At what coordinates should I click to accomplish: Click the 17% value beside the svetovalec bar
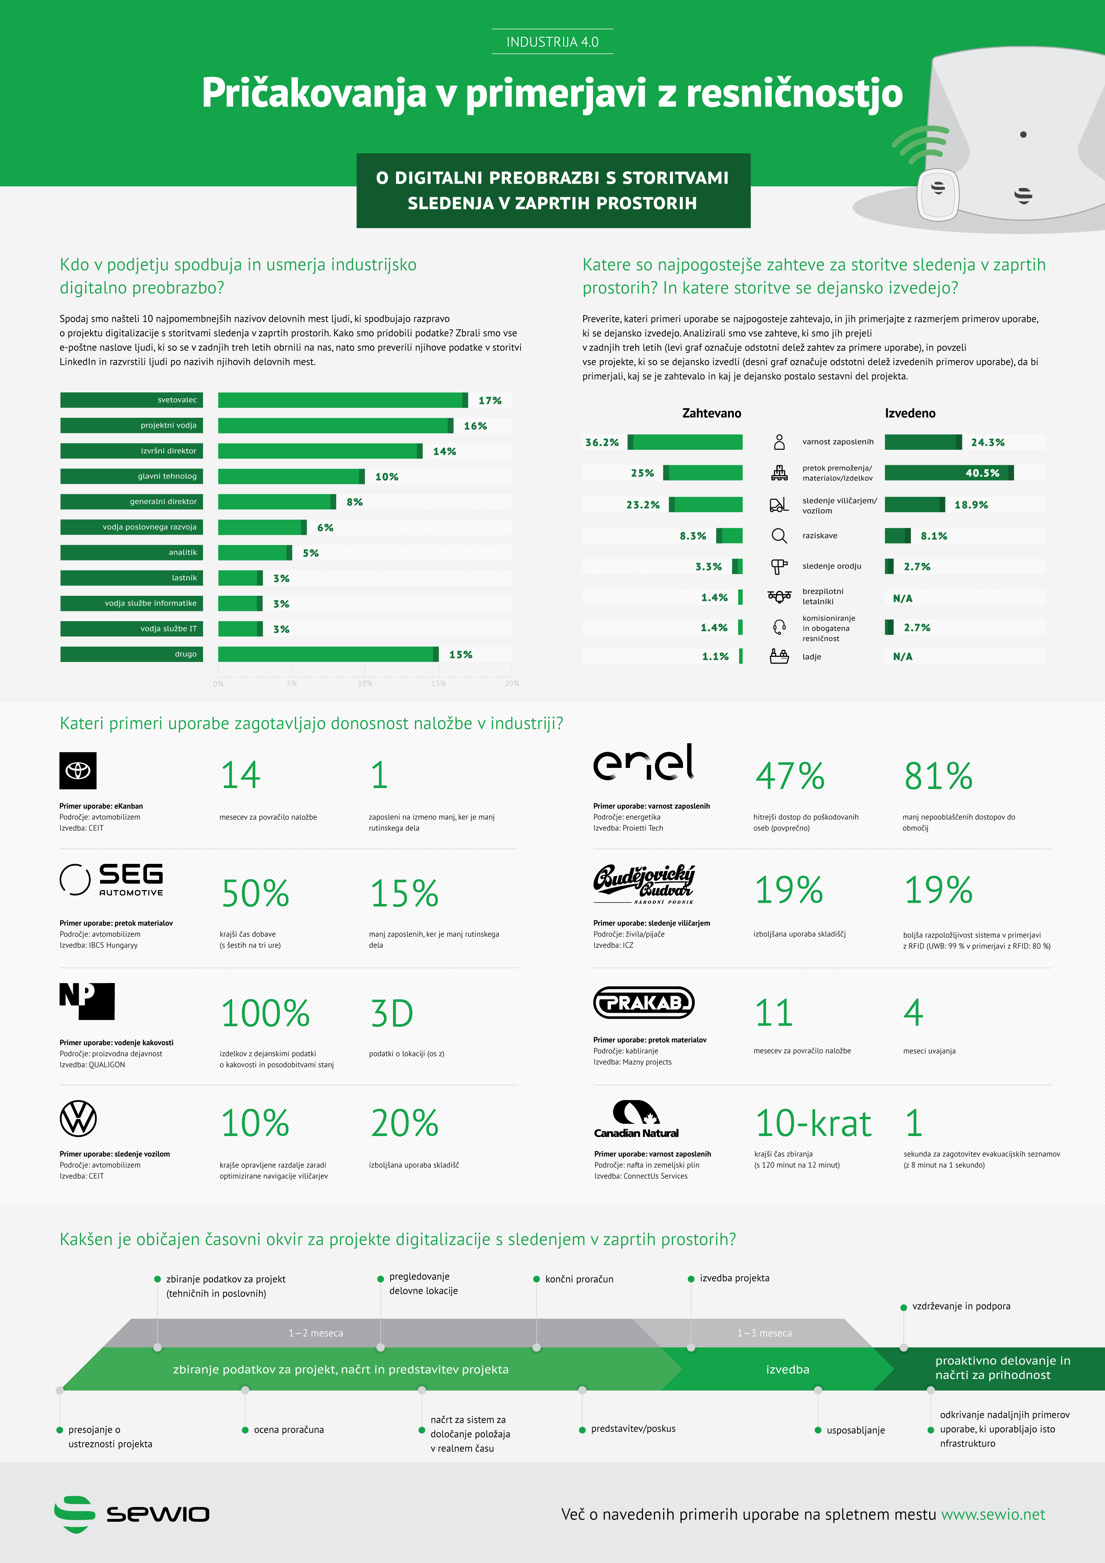coord(490,400)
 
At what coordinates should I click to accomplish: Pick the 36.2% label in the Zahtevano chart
coord(602,442)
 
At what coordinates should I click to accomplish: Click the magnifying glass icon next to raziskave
coord(779,536)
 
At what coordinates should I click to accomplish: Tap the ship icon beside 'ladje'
coord(779,656)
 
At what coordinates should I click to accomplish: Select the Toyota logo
coord(78,770)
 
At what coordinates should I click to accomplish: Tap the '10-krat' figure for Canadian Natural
coord(813,1123)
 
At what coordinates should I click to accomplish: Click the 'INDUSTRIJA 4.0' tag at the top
coord(552,42)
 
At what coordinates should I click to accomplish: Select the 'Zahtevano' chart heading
coord(711,413)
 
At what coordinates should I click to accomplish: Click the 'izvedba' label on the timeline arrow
coord(787,1369)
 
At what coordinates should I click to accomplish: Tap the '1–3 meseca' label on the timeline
coord(764,1333)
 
